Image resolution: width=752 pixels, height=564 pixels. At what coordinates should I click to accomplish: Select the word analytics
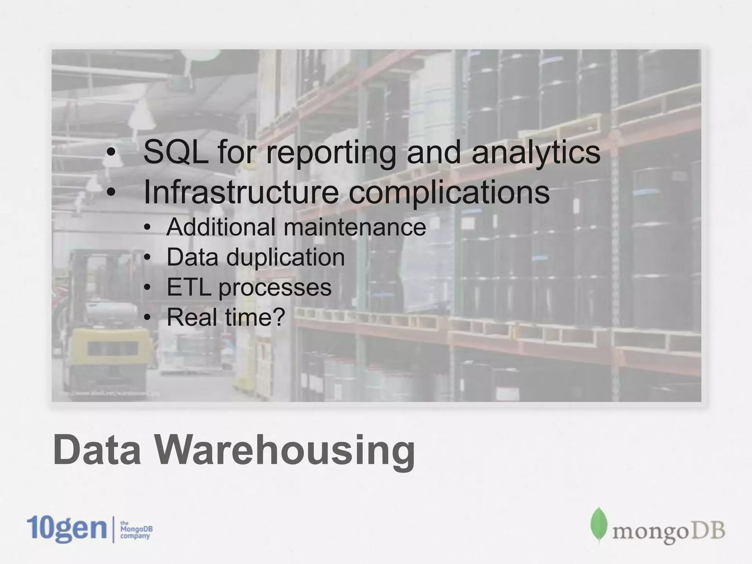pos(536,153)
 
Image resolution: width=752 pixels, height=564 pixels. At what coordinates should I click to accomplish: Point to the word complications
pos(449,193)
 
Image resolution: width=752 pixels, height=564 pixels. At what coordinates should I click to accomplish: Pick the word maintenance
pos(355,227)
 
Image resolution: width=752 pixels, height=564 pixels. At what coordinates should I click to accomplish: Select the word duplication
pos(285,257)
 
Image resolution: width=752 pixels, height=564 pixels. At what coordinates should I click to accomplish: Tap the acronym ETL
pos(189,287)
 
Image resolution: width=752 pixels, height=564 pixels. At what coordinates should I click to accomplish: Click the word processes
pos(275,288)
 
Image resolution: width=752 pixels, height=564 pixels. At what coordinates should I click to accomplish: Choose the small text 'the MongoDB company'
pos(136,529)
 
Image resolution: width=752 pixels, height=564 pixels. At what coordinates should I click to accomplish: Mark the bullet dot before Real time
pos(147,318)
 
